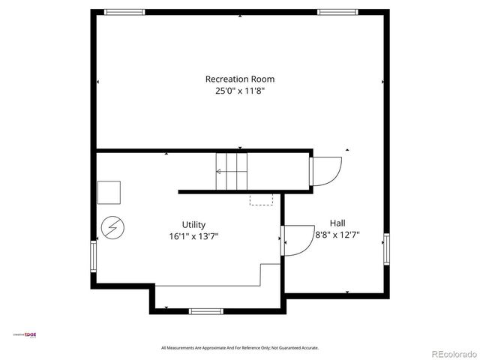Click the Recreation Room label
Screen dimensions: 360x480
[239, 79]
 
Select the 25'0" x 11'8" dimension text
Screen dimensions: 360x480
[239, 91]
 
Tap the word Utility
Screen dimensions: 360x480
[193, 224]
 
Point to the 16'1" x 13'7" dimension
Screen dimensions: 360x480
[193, 236]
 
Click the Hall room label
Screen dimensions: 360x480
[337, 223]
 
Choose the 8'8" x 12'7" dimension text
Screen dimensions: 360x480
[337, 235]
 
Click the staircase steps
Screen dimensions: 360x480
[232, 172]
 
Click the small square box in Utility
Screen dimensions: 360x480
[109, 193]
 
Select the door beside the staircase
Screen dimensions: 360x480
[324, 171]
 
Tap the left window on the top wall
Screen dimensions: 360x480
[124, 12]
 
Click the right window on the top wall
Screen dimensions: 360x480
[336, 12]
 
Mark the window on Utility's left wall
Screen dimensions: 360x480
[94, 256]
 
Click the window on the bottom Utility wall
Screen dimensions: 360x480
[206, 310]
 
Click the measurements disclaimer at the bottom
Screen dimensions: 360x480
[240, 348]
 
